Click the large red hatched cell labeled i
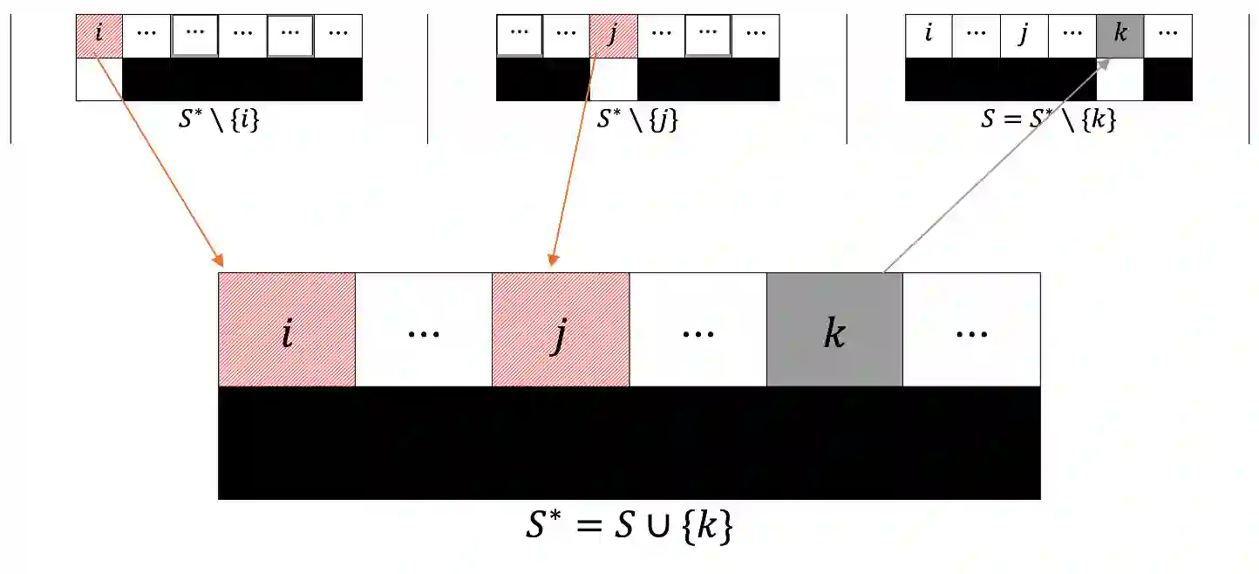tap(287, 330)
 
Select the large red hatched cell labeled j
tap(561, 330)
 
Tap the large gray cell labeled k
tap(834, 330)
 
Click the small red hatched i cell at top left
tap(99, 36)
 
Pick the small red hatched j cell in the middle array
tap(613, 36)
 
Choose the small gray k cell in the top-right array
tap(1120, 36)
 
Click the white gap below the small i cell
tap(99, 80)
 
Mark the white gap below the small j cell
tap(613, 80)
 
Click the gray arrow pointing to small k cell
tap(994, 166)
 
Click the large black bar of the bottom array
tap(629, 443)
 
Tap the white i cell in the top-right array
tap(929, 36)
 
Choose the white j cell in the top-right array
tap(1024, 36)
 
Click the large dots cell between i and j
tap(424, 330)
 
